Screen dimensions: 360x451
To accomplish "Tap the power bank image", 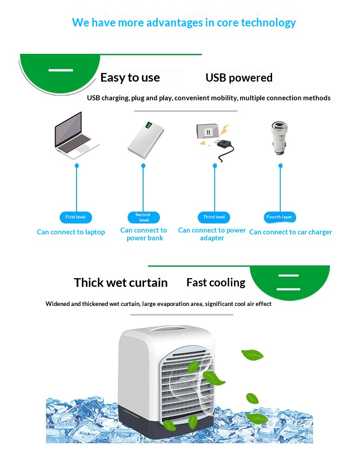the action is coord(146,140).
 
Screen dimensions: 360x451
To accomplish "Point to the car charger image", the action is coord(279,138).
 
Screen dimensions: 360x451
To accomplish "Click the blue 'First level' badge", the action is coord(76,217).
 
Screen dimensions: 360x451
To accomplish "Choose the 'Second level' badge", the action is coord(144,217).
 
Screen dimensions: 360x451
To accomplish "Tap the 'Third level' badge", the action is coord(214,217).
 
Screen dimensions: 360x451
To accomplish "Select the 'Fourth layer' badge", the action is coord(279,217).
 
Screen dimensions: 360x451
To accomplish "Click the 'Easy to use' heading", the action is coord(130,78).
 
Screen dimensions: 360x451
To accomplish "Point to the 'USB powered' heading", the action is coord(239,78).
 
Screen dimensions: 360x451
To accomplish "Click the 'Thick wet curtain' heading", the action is coord(121,282).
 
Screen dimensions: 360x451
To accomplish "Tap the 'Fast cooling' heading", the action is coord(216,282).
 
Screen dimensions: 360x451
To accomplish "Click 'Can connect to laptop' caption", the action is coord(71,232).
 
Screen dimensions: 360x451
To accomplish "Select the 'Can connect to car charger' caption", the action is coord(290,232).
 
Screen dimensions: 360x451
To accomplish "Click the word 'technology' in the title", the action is coord(268,23).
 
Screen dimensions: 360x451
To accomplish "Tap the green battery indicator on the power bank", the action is coord(149,125).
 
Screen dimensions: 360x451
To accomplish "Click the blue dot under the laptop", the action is coord(77,166).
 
